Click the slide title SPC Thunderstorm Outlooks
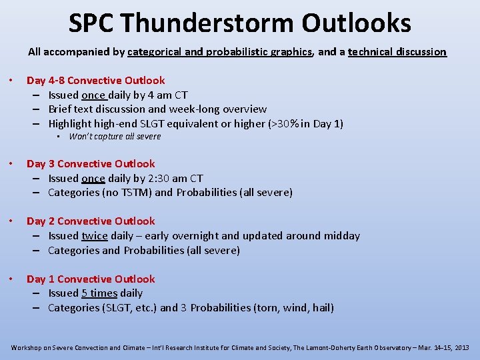point(240,23)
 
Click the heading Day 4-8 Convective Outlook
point(95,81)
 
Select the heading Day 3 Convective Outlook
point(91,164)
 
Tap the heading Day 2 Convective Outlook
point(91,221)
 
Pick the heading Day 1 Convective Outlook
point(91,279)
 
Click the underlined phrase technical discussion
point(397,52)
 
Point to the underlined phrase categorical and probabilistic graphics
point(219,52)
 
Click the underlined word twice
point(94,236)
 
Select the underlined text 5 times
point(99,293)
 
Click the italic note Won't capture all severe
point(115,137)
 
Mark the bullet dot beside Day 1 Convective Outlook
point(13,279)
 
